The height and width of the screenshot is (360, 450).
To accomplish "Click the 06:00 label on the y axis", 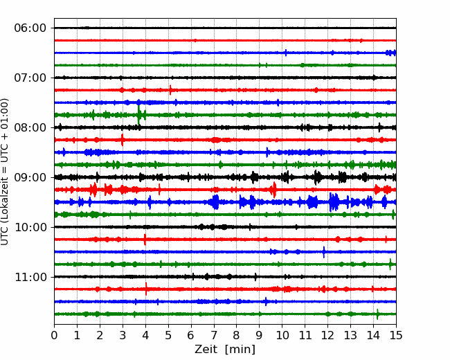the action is point(30,28).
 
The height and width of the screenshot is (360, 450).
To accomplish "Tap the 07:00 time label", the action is point(30,78).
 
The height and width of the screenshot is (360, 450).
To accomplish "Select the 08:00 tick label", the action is point(30,127).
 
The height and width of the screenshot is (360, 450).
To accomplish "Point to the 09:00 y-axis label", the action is point(30,177).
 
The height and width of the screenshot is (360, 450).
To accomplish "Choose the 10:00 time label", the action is point(30,227).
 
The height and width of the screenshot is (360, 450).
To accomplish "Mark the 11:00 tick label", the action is point(30,277).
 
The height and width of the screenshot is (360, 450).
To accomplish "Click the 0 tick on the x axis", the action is point(54,335).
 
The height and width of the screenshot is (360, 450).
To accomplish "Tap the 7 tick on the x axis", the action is point(214,335).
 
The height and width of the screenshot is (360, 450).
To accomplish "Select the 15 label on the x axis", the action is point(396,335).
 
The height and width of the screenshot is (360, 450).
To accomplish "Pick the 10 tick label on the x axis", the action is point(282,335).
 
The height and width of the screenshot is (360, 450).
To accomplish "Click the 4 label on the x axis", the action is point(145,335).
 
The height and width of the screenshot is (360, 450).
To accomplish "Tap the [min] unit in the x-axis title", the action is point(240,350).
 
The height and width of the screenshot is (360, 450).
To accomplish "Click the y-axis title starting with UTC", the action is point(5,172).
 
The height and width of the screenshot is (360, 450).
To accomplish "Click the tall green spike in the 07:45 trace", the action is point(139,115).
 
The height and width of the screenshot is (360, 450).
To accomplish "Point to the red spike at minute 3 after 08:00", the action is point(123,140).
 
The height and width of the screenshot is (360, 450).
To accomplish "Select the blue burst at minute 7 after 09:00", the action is point(215,202).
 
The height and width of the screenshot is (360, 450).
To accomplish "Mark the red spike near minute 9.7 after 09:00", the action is point(274,190).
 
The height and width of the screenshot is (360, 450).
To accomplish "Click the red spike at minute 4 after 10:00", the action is point(145,240).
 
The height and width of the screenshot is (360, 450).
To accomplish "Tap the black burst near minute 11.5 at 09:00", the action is point(317,177).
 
